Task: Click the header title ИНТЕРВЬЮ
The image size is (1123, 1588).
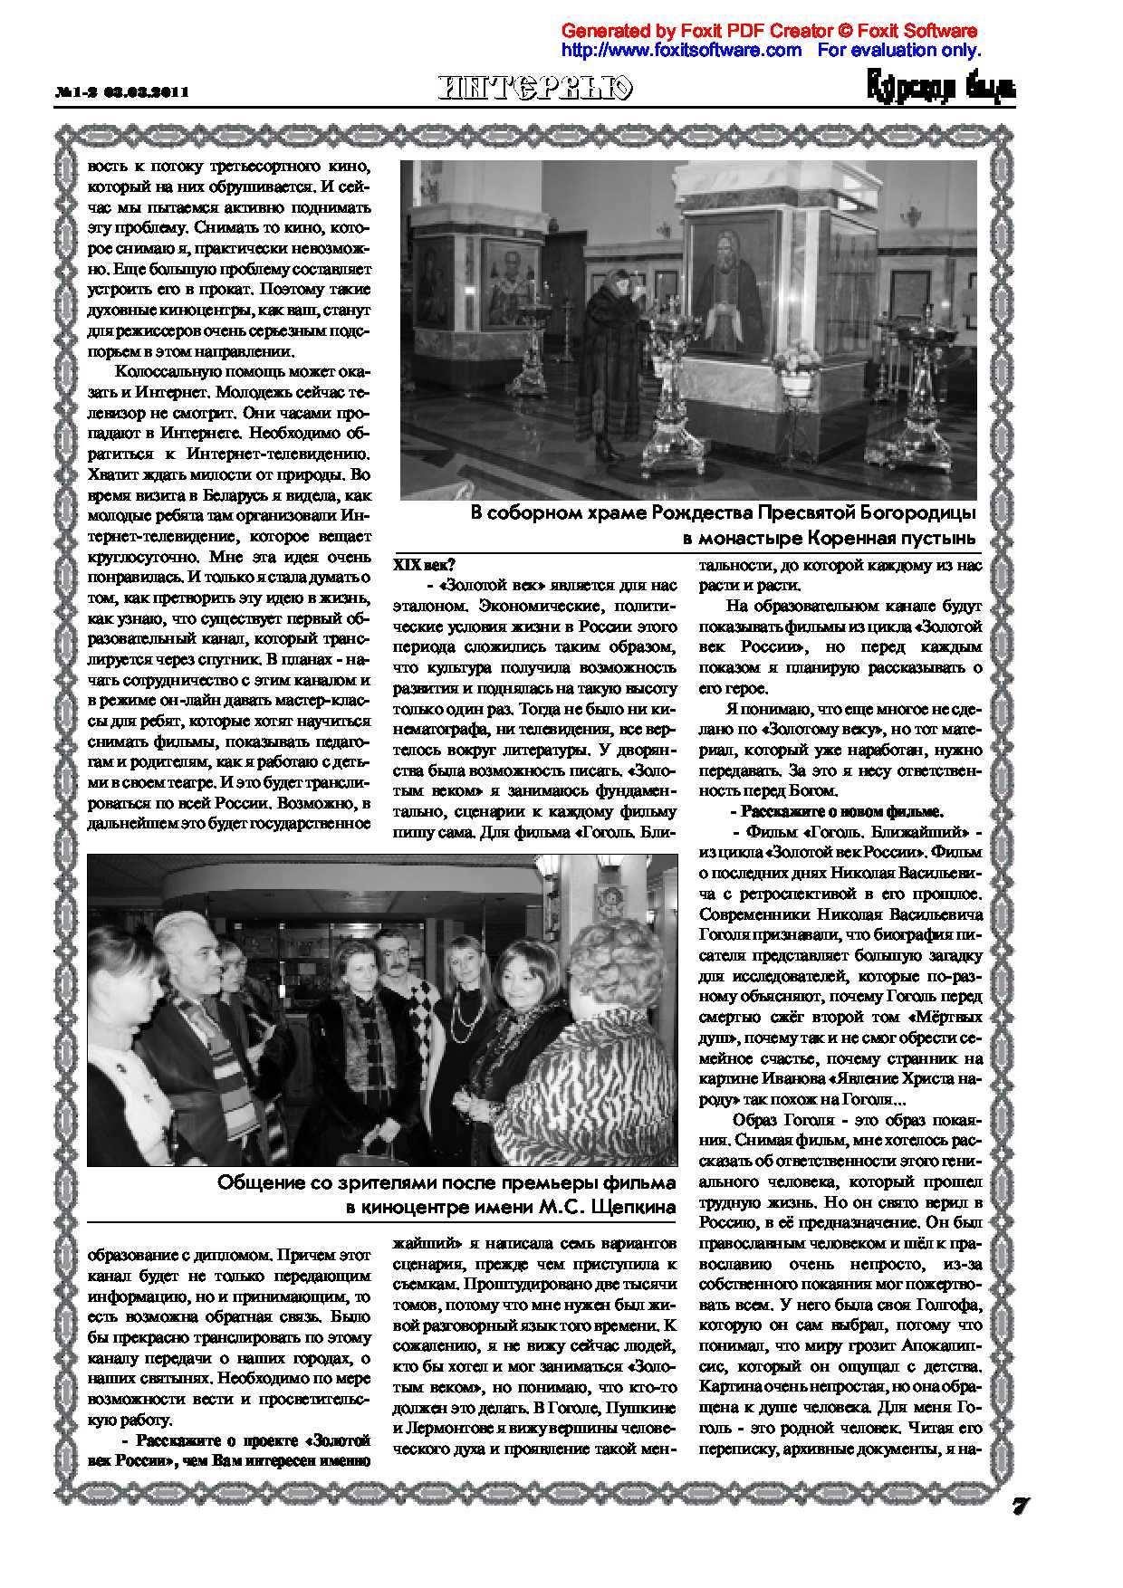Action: point(536,88)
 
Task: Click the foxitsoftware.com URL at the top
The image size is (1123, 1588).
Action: point(682,50)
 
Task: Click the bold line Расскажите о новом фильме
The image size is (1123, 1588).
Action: point(842,811)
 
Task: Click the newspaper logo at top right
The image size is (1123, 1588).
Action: point(942,88)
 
